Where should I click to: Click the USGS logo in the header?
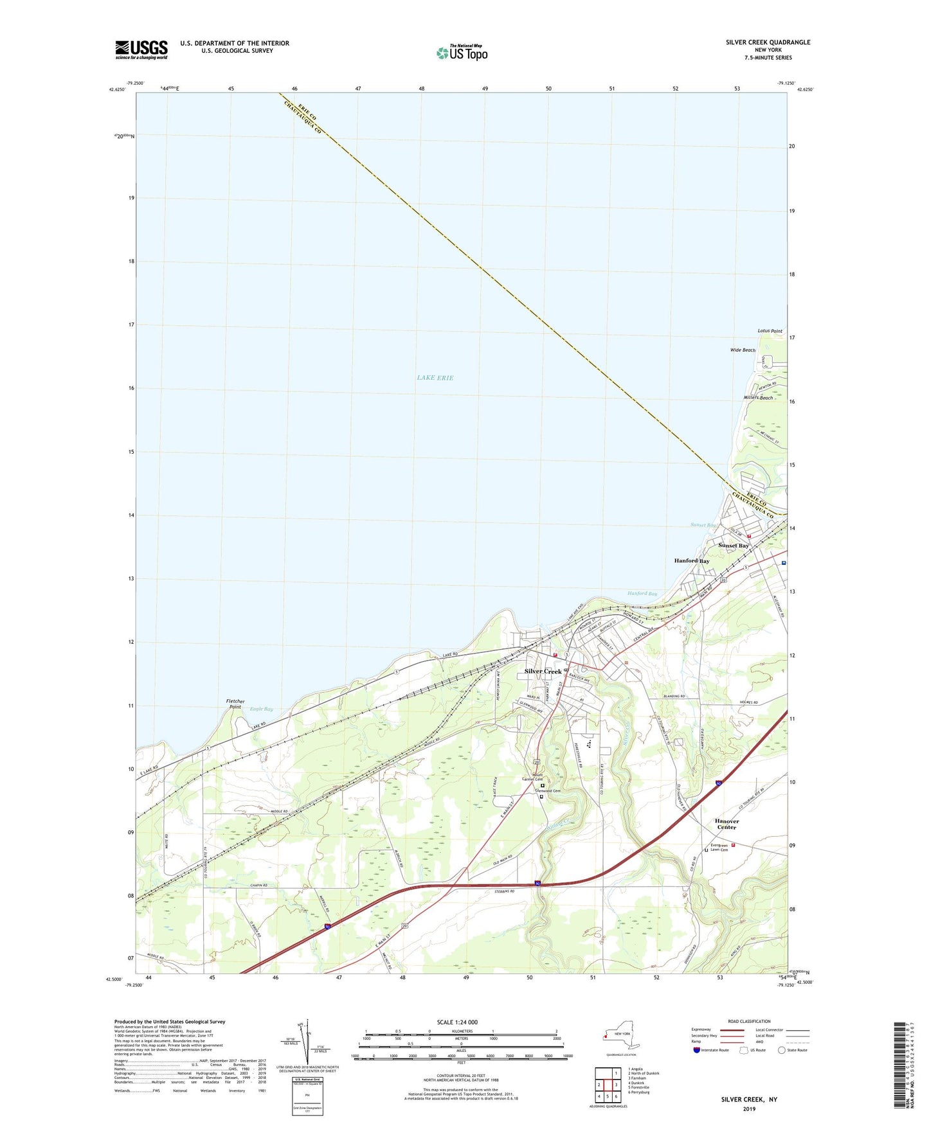click(x=141, y=49)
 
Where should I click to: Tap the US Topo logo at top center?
click(x=462, y=53)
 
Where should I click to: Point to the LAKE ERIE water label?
click(x=435, y=378)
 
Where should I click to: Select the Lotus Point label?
click(x=770, y=331)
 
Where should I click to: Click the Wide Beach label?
click(x=743, y=350)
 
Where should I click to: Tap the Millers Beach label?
click(x=757, y=398)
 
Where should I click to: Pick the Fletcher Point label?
click(x=235, y=704)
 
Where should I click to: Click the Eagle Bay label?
click(x=261, y=709)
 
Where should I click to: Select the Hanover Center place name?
click(x=726, y=824)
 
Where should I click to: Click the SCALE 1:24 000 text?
click(x=457, y=1022)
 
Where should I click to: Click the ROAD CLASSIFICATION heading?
click(x=749, y=1021)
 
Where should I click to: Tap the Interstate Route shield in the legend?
click(x=697, y=1050)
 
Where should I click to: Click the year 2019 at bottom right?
click(x=749, y=1109)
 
